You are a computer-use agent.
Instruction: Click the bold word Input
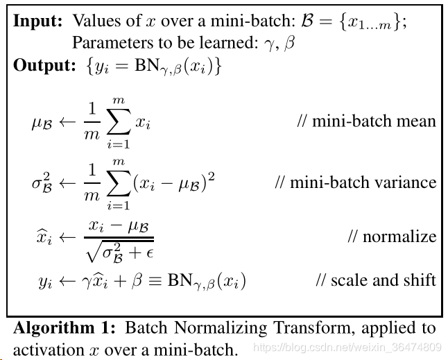37,22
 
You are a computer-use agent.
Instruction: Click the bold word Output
44,65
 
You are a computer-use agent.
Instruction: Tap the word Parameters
112,43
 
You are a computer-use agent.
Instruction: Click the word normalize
399,237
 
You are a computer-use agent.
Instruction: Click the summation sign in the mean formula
119,121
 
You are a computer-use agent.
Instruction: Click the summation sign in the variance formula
119,183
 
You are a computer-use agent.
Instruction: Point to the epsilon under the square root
150,253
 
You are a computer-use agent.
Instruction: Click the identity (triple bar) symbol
155,280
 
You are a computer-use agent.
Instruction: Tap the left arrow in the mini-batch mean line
67,122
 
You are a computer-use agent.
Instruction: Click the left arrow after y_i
67,282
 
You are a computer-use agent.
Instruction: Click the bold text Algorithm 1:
64,328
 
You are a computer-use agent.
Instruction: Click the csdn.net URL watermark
347,347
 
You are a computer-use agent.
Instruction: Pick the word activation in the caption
49,350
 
